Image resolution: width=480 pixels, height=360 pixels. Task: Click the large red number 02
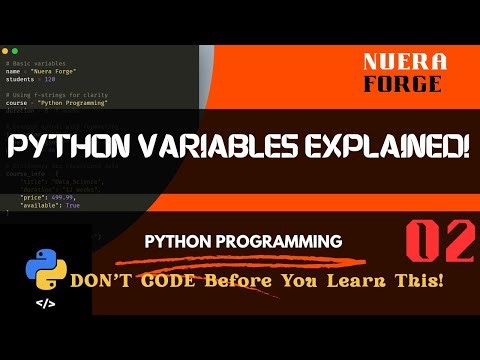tap(436, 243)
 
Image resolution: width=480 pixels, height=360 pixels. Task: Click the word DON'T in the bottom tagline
tap(126, 279)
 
